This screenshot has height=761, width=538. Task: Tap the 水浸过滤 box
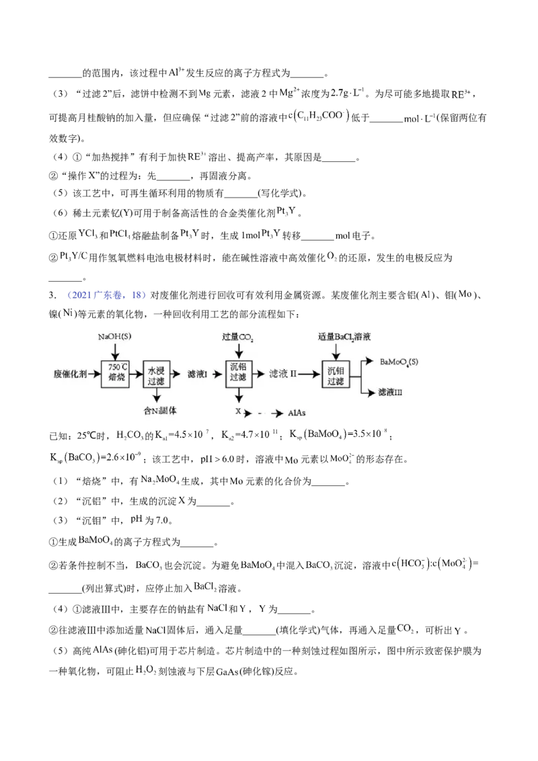click(x=157, y=372)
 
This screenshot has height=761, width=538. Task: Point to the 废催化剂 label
click(x=71, y=372)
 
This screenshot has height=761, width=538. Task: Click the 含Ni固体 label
click(x=160, y=409)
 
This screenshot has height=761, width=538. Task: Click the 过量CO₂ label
click(x=238, y=335)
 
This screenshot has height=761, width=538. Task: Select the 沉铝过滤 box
click(x=238, y=372)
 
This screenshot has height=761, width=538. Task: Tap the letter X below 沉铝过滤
click(x=238, y=410)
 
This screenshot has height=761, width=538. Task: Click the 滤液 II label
click(x=282, y=372)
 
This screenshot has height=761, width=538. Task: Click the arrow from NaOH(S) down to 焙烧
click(x=115, y=350)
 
